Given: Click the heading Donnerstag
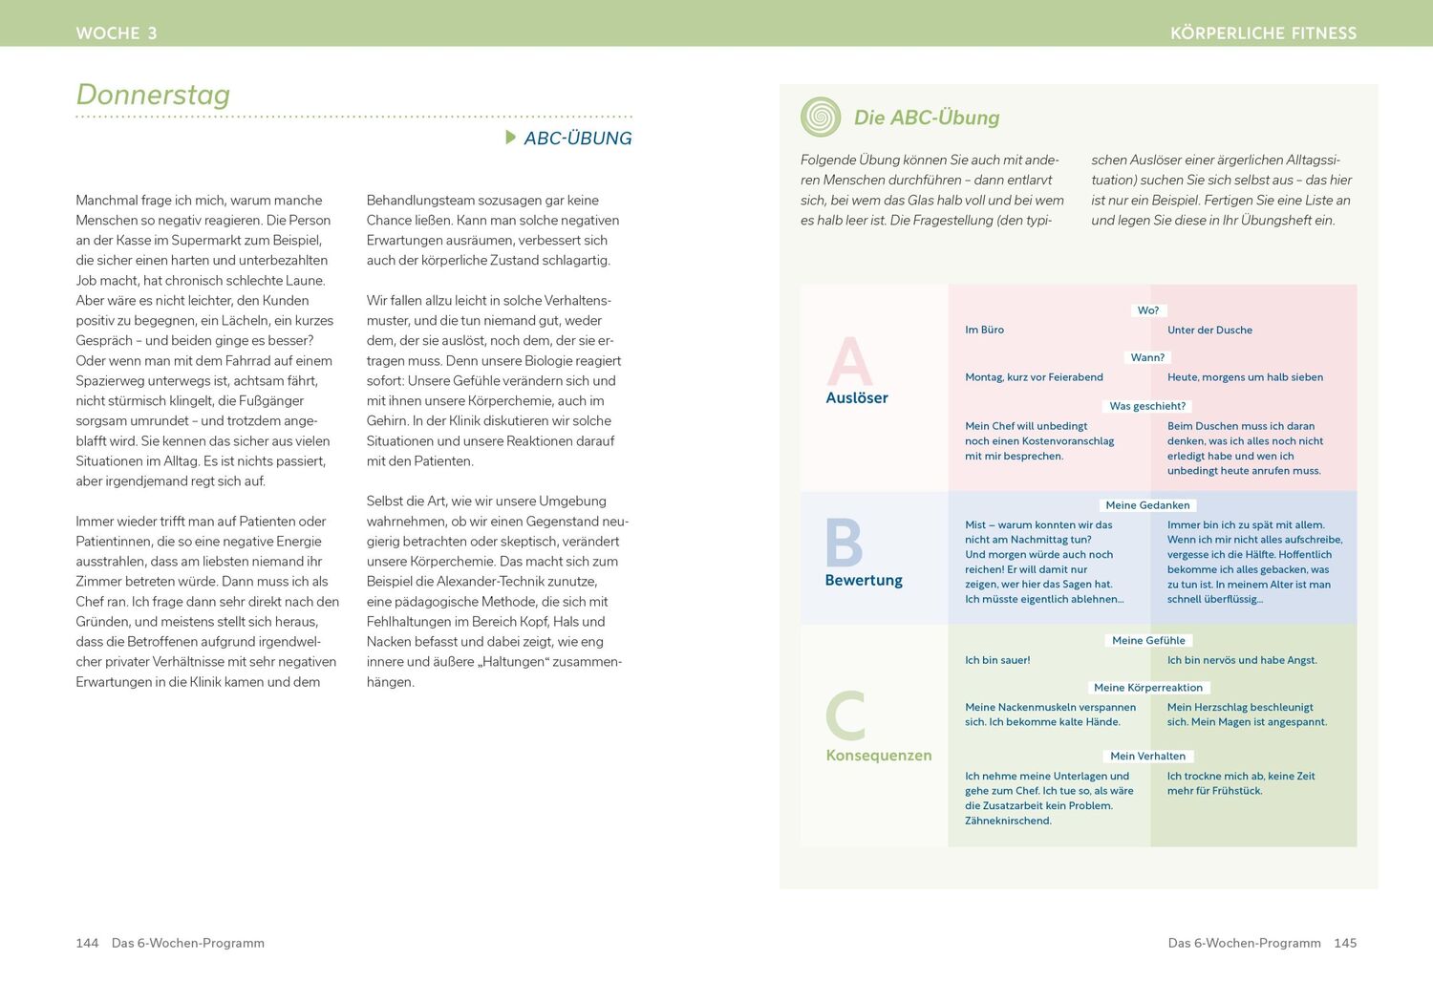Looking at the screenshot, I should [153, 95].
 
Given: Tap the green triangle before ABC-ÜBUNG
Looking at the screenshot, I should [511, 138].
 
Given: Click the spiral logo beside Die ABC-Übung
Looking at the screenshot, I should [821, 117].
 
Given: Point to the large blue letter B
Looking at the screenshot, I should [844, 543].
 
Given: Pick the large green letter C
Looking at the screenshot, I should [845, 716].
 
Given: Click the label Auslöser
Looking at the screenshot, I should [857, 398].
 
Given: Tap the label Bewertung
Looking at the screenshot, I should [864, 581].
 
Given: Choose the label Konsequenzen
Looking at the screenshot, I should [879, 756].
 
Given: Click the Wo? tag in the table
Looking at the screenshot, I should [1148, 310].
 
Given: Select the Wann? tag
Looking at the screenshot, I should [1147, 357].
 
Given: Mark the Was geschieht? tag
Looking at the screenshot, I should [1147, 406].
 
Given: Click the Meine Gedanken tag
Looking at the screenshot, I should [1147, 505].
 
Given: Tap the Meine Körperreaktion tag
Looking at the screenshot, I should [1148, 688].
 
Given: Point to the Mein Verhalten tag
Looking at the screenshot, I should [1147, 757].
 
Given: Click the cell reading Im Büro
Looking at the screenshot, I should [984, 331].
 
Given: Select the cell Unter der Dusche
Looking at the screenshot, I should [1209, 331].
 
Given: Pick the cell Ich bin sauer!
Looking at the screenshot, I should [997, 661].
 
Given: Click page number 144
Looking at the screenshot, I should [87, 943].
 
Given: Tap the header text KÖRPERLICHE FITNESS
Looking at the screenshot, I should [1263, 33].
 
